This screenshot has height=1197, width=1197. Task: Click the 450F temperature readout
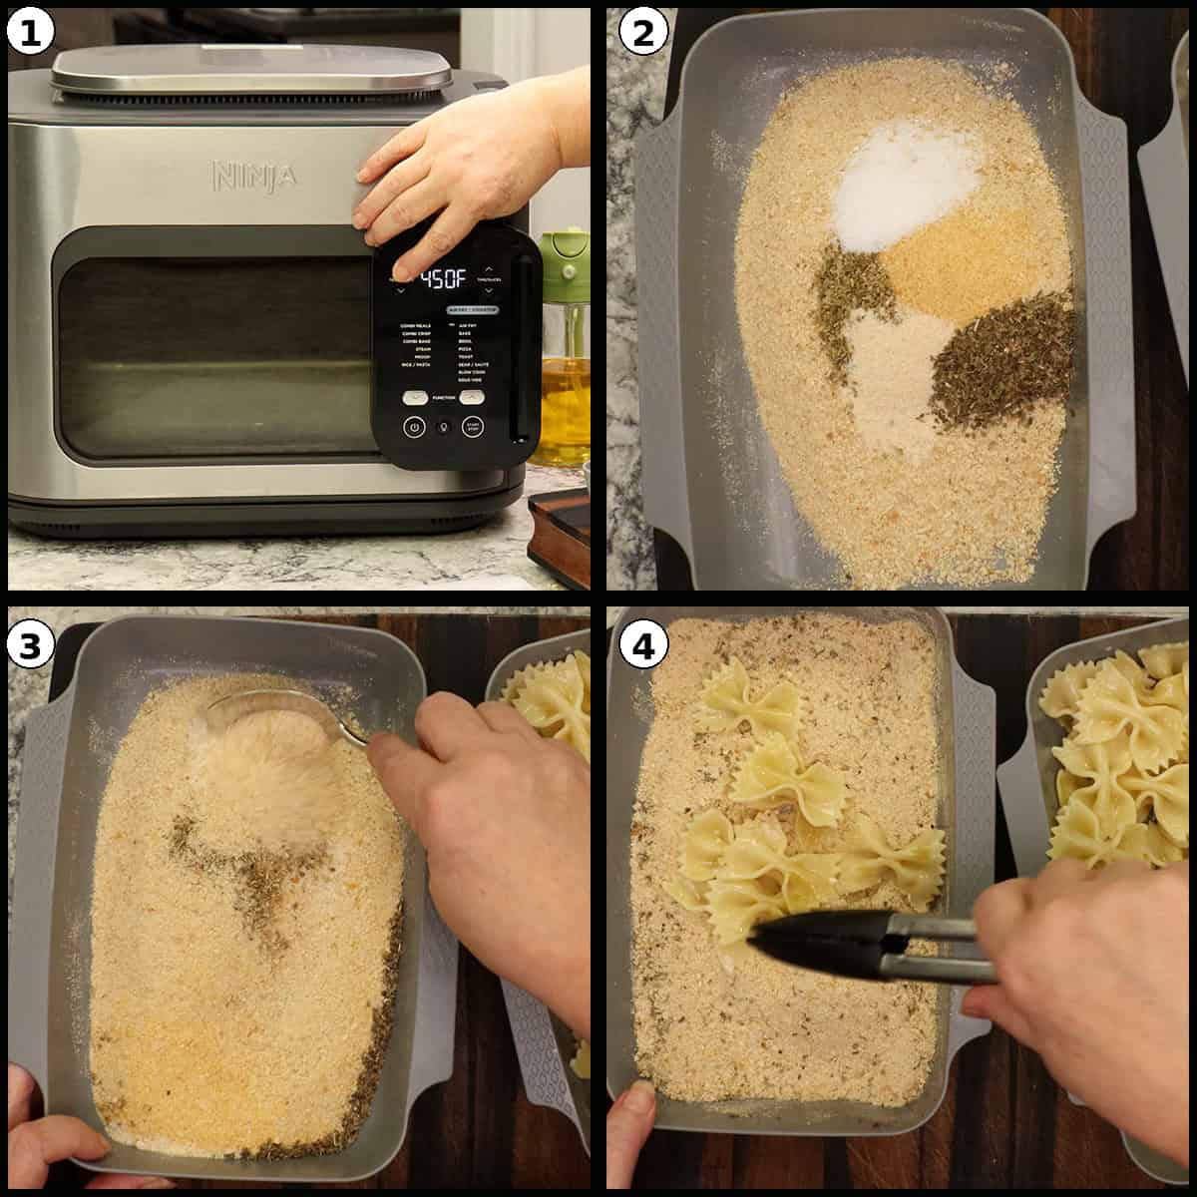pos(443,280)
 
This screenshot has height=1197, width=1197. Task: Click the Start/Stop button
pos(475,428)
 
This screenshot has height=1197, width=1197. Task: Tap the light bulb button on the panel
pos(445,428)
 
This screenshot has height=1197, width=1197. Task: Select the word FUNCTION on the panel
pos(445,398)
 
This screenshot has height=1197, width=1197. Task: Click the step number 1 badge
pos(29,33)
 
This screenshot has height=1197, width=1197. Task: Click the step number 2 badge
pos(641,33)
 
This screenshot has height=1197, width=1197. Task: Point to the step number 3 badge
pos(29,646)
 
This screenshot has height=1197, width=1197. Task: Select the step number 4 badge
pos(641,646)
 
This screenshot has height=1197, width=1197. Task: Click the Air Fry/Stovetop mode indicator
pos(472,310)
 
